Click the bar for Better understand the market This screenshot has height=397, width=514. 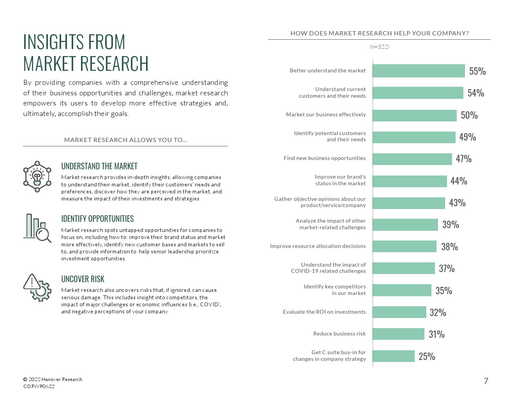419,71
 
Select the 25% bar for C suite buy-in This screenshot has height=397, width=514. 394,356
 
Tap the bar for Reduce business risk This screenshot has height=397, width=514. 398,334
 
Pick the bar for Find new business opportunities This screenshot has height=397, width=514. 412,159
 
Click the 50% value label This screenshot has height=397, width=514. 469,115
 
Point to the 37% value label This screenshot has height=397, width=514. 447,269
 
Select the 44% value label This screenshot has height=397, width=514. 459,181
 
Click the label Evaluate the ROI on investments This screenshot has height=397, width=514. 324,312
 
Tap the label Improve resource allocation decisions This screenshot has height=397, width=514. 318,246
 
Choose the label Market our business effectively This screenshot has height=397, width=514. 326,114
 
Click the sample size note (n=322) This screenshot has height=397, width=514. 379,47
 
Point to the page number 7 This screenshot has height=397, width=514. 486,381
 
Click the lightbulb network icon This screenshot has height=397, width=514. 37,176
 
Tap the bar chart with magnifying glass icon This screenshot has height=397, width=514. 37,228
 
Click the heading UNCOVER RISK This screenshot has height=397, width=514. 83,279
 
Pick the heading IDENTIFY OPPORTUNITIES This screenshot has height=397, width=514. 97,219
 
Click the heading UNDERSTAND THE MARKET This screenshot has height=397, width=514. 99,166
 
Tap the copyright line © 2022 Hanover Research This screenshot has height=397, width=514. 53,379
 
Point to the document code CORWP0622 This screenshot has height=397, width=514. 39,386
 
